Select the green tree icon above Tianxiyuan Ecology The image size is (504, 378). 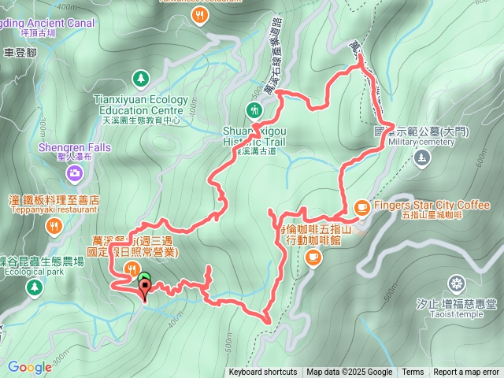[x=140, y=79]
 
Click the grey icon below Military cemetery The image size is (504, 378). [x=422, y=157]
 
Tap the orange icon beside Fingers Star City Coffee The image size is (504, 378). [x=361, y=206]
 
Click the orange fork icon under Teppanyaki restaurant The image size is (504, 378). [x=54, y=228]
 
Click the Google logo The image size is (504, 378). [x=29, y=367]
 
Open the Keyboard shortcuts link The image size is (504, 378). [x=263, y=372]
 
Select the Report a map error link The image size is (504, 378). [x=466, y=372]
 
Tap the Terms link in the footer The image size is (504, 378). [x=413, y=372]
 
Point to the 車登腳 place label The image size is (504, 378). [x=20, y=53]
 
